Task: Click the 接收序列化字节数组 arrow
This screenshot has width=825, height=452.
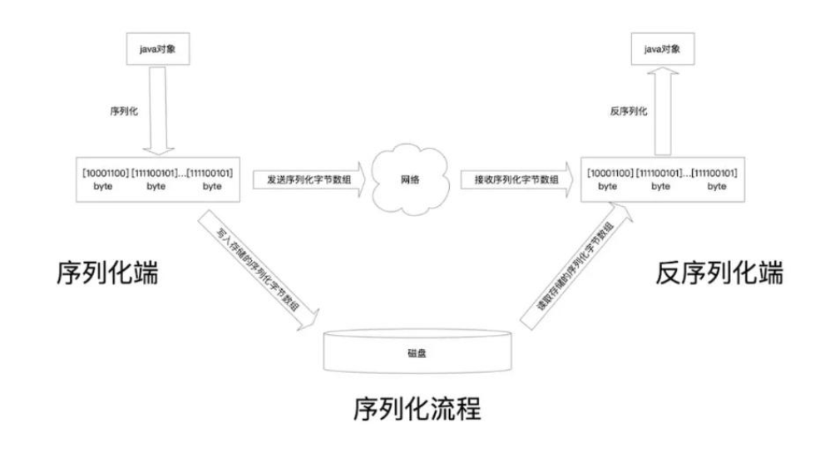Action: coord(516,179)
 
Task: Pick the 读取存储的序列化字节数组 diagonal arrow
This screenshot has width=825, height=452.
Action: coord(575,267)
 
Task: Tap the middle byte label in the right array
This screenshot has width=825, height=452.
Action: coord(660,187)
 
